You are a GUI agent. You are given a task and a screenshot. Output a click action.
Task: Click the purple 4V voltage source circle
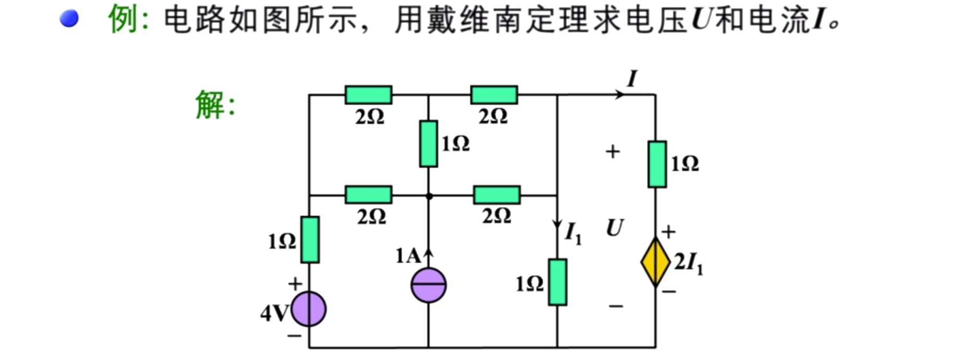(309, 309)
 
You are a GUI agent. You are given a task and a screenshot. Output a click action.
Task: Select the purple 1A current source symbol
(428, 285)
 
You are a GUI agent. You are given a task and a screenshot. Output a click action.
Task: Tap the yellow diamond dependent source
(656, 263)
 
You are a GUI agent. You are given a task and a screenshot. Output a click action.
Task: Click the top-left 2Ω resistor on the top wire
(368, 95)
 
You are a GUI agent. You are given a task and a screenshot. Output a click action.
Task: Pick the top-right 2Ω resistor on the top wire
(494, 95)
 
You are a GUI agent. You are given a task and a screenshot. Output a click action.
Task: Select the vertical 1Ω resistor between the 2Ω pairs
(428, 144)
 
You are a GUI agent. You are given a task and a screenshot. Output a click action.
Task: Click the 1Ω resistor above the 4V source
(310, 239)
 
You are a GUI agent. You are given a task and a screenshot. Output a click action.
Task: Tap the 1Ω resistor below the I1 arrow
(558, 282)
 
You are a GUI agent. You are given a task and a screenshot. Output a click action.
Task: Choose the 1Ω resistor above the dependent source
(657, 164)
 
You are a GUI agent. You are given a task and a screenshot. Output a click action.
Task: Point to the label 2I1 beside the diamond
(689, 263)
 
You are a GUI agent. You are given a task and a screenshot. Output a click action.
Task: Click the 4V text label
(274, 313)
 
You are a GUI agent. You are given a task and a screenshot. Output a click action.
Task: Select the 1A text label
(408, 256)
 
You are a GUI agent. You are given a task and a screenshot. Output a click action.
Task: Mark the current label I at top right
(632, 79)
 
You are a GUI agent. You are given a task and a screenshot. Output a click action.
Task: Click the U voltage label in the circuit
(614, 228)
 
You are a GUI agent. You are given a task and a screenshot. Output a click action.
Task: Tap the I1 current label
(573, 233)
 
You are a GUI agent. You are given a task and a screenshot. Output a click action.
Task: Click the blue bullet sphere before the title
(69, 19)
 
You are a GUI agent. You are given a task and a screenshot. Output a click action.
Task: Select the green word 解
(209, 104)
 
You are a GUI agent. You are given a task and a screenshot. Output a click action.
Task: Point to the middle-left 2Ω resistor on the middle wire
(368, 194)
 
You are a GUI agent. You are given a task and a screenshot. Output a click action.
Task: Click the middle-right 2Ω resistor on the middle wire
(496, 194)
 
